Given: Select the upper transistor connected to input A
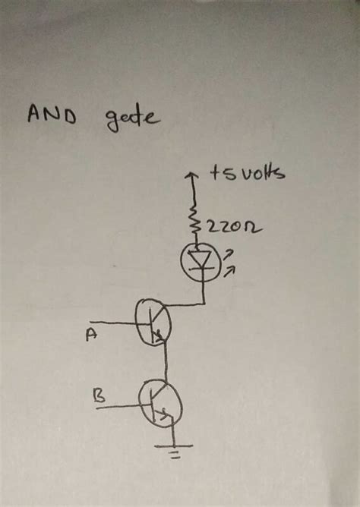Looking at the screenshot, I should coord(152,322).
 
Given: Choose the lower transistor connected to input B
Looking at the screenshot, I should coord(159,405).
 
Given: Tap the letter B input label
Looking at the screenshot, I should coord(98,395).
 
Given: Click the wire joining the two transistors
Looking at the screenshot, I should coord(165,363).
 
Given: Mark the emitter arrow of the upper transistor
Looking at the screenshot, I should coord(159,338).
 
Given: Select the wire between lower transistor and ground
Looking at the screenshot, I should coord(174,436).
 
